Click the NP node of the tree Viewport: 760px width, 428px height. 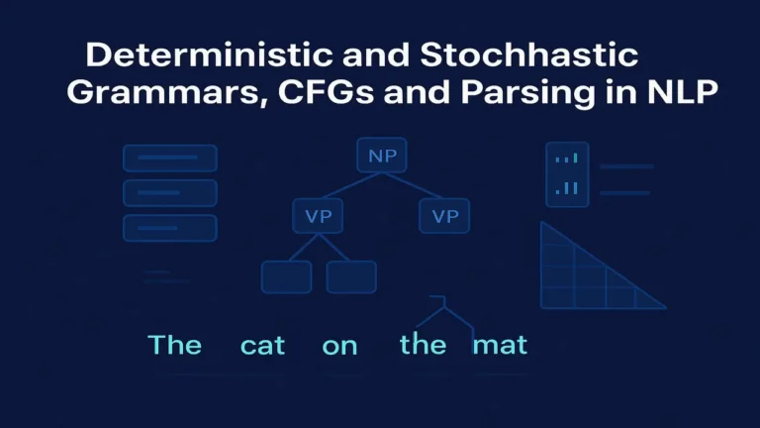(380, 157)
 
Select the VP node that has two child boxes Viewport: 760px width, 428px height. (319, 216)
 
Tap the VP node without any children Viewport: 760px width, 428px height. (444, 216)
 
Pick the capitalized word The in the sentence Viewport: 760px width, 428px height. (174, 345)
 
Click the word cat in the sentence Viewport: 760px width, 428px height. (263, 345)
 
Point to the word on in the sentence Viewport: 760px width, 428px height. (339, 345)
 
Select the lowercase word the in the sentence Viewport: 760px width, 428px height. (424, 344)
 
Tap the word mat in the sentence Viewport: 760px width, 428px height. (500, 345)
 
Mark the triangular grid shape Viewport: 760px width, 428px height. (584, 277)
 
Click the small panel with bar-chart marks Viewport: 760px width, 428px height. (567, 174)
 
